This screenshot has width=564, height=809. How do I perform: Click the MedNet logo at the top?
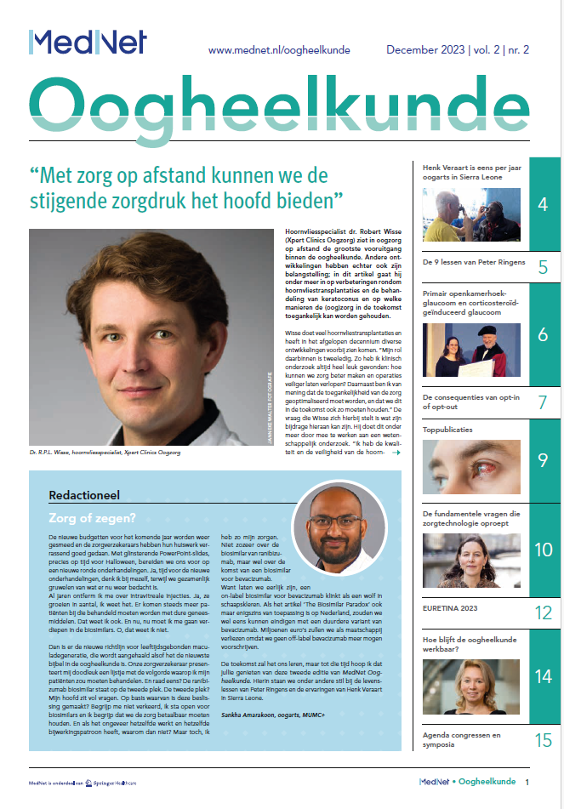[x=88, y=43]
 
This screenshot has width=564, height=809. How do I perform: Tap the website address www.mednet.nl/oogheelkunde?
[x=279, y=51]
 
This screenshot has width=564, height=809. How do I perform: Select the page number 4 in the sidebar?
[x=543, y=203]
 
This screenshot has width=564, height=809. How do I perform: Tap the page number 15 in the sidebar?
[x=543, y=739]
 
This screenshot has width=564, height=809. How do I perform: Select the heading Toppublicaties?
[x=447, y=430]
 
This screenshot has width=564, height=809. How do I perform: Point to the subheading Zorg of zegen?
[x=89, y=516]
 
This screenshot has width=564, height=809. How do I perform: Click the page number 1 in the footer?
[x=528, y=782]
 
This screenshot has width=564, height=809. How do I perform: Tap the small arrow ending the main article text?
[x=396, y=453]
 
